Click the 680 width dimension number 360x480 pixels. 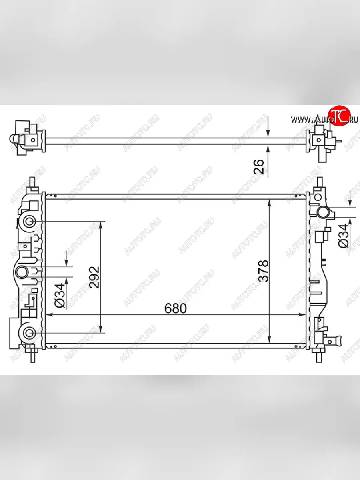tap(176, 308)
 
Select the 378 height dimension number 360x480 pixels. tap(264, 271)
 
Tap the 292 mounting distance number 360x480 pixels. tap(95, 277)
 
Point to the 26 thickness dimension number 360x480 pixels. tap(258, 167)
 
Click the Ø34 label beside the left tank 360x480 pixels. tap(60, 296)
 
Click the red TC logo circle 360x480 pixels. tap(339, 116)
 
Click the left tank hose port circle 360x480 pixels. tap(22, 272)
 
